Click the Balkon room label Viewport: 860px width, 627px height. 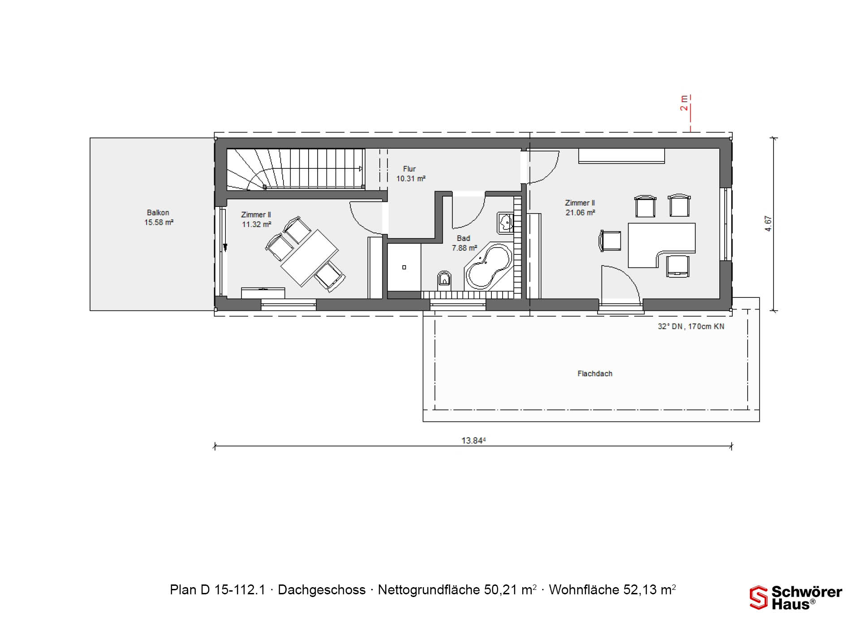158,213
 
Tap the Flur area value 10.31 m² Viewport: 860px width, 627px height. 411,178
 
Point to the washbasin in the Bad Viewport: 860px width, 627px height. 505,222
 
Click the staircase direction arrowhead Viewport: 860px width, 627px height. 361,169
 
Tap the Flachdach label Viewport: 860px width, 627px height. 595,374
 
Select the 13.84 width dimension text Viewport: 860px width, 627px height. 473,441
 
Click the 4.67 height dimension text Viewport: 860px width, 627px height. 768,223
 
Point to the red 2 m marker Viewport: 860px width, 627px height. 684,103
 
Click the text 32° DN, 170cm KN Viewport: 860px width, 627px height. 691,326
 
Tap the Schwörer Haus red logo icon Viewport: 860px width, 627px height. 759,598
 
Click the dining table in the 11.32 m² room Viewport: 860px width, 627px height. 310,258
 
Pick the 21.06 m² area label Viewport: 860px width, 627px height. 580,213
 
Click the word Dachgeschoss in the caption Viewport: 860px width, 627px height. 322,590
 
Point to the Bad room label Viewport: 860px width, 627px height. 464,238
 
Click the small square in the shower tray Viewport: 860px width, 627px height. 404,267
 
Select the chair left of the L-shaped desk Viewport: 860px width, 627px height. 610,240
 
